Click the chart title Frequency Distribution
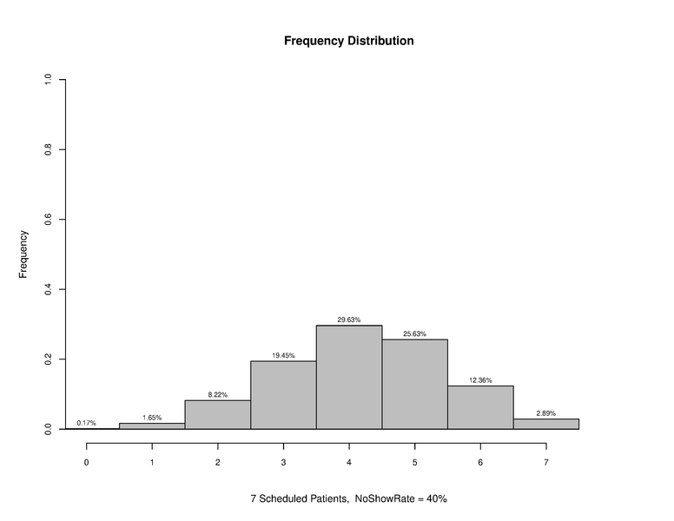point(348,41)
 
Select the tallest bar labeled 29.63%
point(348,377)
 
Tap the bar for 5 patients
point(414,384)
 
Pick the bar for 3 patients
point(283,395)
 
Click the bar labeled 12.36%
point(480,407)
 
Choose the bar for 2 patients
point(217,414)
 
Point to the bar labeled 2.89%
point(545,424)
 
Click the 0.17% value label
point(86,423)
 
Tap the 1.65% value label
point(152,418)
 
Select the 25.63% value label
point(414,333)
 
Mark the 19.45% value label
point(283,355)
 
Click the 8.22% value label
point(217,394)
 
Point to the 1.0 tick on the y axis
point(50,80)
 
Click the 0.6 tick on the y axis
point(50,220)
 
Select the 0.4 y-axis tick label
point(50,289)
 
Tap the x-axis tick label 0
point(86,462)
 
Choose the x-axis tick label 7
point(545,462)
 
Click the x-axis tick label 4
point(348,462)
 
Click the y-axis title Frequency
point(23,254)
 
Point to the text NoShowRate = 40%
point(400,499)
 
